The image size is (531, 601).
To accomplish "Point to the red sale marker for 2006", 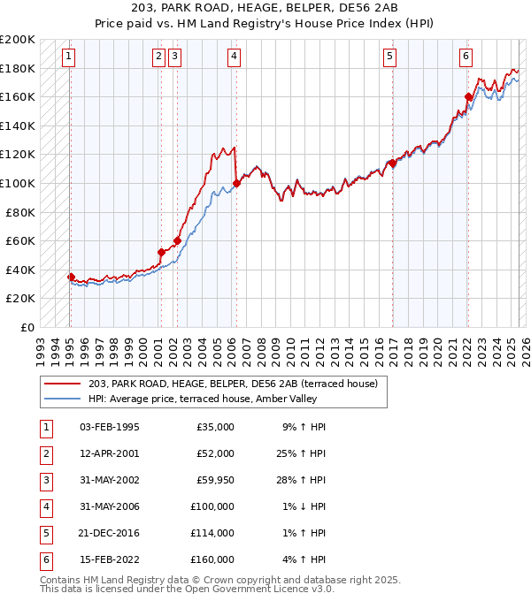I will tap(236, 184).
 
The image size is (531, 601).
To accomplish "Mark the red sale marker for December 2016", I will tap(391, 164).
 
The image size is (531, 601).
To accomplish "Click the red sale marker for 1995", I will tap(71, 277).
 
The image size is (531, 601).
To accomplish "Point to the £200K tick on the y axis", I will tap(18, 40).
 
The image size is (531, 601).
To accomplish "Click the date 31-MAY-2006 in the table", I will tap(109, 507).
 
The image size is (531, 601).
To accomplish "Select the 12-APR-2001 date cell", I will tap(109, 454).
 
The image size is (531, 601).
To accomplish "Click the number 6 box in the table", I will tap(44, 559).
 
